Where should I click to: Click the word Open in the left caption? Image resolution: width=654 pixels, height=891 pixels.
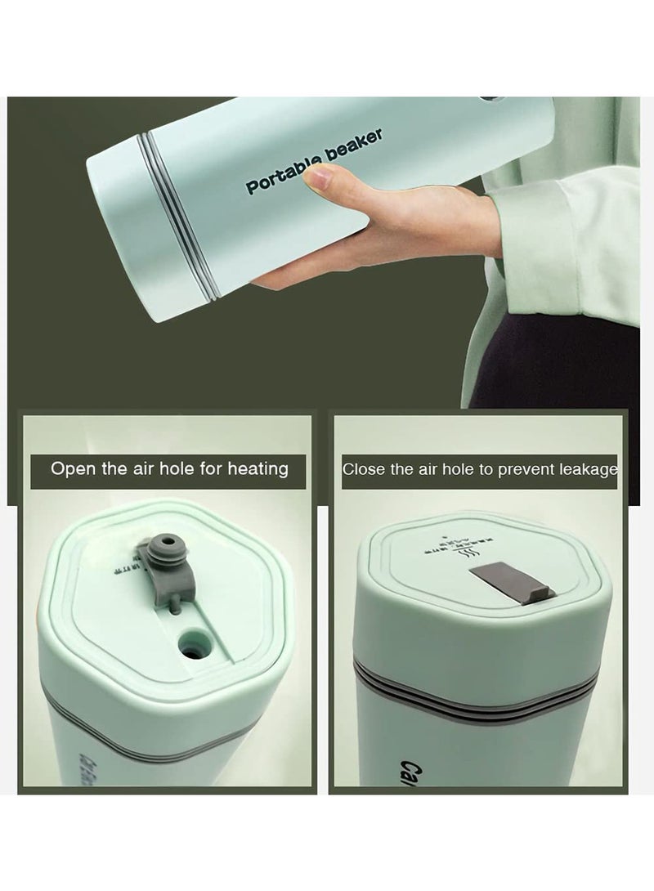click(71, 469)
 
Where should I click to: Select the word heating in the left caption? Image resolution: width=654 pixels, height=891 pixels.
click(257, 470)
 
